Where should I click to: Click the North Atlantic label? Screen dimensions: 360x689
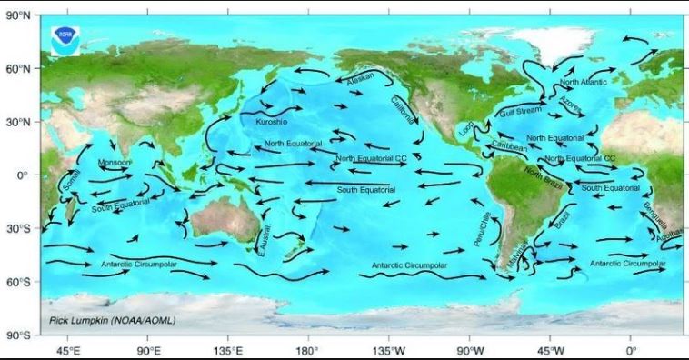582,82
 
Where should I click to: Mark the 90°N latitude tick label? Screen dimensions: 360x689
19,15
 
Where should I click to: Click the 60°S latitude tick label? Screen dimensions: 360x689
19,282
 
